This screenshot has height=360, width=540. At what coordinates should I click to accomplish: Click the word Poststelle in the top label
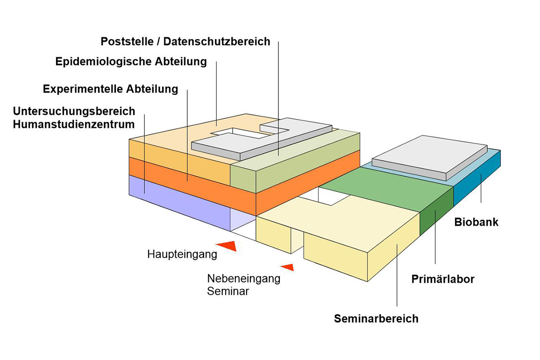pos(127,41)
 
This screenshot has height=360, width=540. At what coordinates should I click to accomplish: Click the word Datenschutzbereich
pos(217,41)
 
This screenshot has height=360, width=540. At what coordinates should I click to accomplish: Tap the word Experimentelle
pos(83,89)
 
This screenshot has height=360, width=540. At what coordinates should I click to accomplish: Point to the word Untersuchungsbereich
pos(74,112)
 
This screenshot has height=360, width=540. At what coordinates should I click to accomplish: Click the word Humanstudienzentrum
pos(74,124)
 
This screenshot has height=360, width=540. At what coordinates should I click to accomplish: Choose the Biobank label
pos(476,222)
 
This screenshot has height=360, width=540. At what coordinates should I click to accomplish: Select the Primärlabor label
pos(443,279)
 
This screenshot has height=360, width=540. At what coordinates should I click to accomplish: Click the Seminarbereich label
pos(376,318)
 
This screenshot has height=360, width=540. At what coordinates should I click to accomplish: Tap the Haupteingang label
pos(182,254)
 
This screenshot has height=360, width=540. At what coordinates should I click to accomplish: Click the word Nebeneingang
pos(244,278)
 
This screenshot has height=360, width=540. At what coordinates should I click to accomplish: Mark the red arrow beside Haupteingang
pos(227,246)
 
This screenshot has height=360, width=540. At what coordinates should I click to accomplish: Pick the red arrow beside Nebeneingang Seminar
pos(287,267)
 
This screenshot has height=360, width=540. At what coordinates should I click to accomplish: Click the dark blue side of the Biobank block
pos(477,178)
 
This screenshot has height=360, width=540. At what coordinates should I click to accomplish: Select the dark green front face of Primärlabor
pos(436,212)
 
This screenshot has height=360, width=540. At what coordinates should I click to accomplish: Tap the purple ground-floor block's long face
pos(179,203)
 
